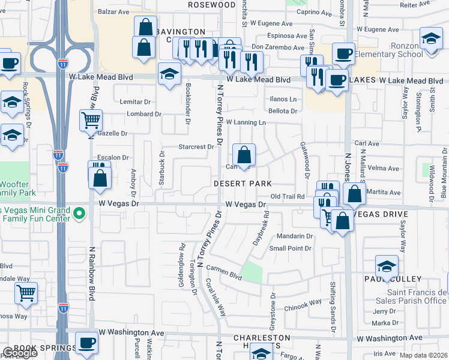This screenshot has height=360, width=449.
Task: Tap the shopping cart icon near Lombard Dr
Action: point(91,120)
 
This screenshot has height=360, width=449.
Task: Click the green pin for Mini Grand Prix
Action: point(79,213)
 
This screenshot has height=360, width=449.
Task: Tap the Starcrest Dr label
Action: point(196,146)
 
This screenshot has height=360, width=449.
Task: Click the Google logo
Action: point(20,353)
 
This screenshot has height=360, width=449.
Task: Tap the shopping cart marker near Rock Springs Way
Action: point(26,293)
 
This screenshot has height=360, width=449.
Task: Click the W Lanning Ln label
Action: point(246,122)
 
